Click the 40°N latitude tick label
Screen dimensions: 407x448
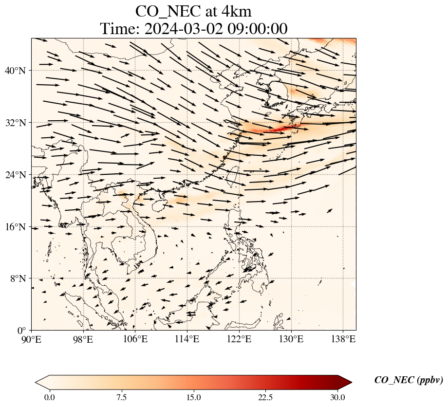[18, 71]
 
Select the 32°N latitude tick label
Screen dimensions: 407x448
[18, 123]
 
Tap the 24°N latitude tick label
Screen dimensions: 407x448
[18, 175]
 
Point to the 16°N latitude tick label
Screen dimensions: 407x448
[18, 227]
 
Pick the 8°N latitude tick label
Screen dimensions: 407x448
[20, 279]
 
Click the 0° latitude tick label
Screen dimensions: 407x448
[23, 331]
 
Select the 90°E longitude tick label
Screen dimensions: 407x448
[32, 339]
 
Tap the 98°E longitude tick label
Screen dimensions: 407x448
[83, 339]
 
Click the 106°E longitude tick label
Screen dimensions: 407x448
[135, 339]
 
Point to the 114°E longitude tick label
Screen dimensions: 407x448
[187, 339]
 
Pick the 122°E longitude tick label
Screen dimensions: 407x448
[239, 339]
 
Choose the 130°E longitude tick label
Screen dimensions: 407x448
[291, 339]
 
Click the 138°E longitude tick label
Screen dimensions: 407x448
[343, 339]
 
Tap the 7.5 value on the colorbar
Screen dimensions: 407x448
[121, 397]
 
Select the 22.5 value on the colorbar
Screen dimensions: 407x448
[265, 397]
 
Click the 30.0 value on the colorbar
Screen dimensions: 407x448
[337, 397]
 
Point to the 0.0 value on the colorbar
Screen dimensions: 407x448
[49, 397]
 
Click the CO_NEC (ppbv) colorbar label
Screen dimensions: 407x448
[408, 380]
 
